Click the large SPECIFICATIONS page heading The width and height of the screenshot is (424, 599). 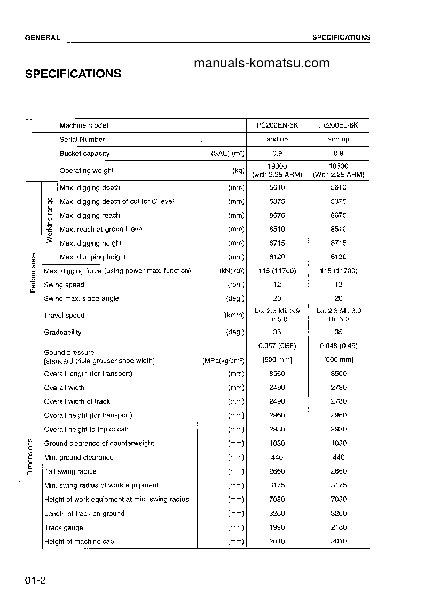point(73,74)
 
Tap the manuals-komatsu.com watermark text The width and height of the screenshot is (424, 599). point(262,64)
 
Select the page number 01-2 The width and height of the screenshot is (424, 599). point(35,581)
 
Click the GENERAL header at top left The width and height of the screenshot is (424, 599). point(43,37)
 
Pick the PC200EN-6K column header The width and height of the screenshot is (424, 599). point(277,125)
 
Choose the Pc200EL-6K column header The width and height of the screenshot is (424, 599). point(338,125)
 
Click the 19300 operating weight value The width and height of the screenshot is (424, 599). point(338,167)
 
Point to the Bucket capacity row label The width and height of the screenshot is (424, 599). point(84,153)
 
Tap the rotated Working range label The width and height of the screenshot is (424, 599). point(50,220)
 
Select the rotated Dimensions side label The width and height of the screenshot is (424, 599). point(30,456)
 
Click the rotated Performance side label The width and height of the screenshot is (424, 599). point(33,272)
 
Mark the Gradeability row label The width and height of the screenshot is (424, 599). point(62,332)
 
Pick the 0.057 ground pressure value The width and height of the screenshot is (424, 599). point(277,346)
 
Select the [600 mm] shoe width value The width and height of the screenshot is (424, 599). point(338,360)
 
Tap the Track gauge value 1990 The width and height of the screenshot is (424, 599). point(277,527)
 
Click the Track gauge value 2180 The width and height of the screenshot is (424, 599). point(338,527)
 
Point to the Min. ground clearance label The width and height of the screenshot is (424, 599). point(78,458)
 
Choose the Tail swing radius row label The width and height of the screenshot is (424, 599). point(70,471)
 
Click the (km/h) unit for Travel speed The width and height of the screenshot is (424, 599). point(234,316)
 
